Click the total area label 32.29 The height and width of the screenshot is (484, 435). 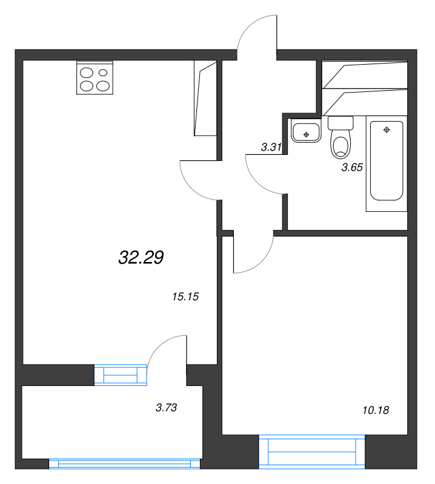pyautogui.click(x=141, y=257)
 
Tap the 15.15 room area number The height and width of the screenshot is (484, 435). pyautogui.click(x=185, y=296)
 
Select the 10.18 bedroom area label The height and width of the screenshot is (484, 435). pyautogui.click(x=376, y=410)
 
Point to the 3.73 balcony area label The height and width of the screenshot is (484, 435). pyautogui.click(x=167, y=408)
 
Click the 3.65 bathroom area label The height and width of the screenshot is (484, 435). pyautogui.click(x=352, y=168)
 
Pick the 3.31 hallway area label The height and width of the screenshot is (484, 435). pyautogui.click(x=271, y=147)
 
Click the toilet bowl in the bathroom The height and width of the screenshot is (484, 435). pyautogui.click(x=340, y=147)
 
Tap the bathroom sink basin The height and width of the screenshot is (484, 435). pyautogui.click(x=306, y=131)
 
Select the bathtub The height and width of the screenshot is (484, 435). pyautogui.click(x=387, y=161)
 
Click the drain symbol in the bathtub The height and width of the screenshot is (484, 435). pyautogui.click(x=387, y=130)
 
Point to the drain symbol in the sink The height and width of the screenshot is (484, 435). pyautogui.click(x=306, y=134)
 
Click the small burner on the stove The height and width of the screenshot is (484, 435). pyautogui.click(x=103, y=73)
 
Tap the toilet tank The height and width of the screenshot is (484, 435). pyautogui.click(x=340, y=123)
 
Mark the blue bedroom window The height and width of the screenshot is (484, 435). pyautogui.click(x=311, y=451)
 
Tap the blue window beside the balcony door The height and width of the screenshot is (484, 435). pyautogui.click(x=121, y=375)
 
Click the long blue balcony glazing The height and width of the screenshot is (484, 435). pyautogui.click(x=125, y=463)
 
